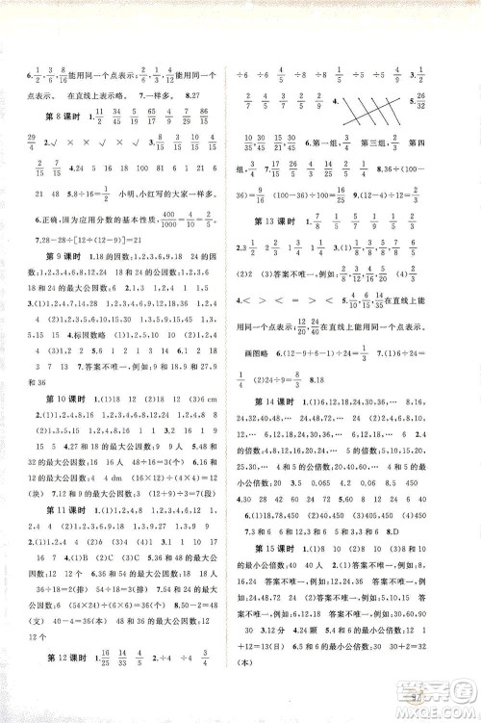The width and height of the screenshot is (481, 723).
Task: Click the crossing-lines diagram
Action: point(371,105)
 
